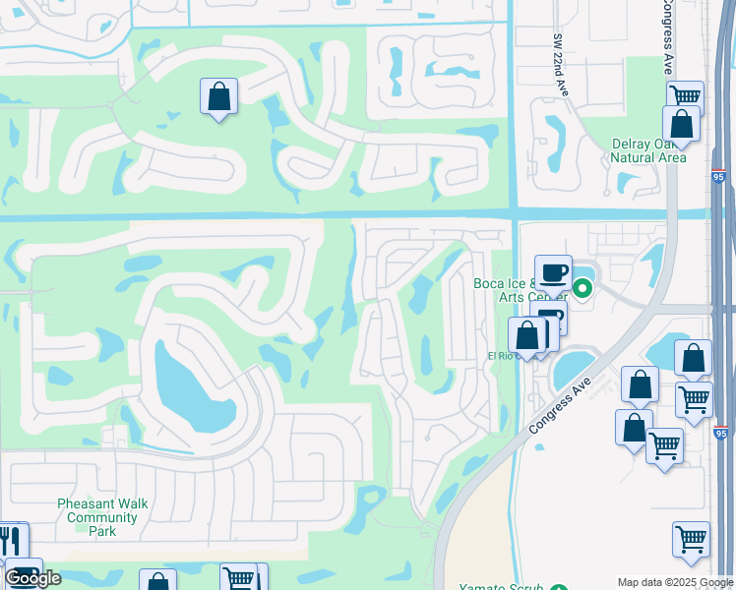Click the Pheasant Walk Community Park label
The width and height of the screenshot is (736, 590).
click(x=102, y=517)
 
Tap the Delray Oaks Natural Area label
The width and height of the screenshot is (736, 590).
click(x=647, y=150)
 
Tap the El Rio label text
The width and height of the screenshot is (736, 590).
click(x=501, y=356)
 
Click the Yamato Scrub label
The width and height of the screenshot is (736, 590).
click(x=503, y=587)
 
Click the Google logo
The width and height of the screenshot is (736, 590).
click(x=32, y=578)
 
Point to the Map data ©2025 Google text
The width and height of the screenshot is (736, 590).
click(x=675, y=582)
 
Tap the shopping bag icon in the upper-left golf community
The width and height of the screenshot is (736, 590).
click(x=218, y=96)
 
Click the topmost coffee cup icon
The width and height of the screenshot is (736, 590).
click(x=554, y=270)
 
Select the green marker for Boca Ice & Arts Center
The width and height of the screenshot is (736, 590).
click(x=583, y=288)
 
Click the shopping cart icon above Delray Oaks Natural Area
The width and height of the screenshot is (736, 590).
click(x=685, y=96)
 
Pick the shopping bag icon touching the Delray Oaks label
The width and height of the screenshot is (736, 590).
click(x=680, y=124)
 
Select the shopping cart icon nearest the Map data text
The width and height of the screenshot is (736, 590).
click(x=691, y=539)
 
